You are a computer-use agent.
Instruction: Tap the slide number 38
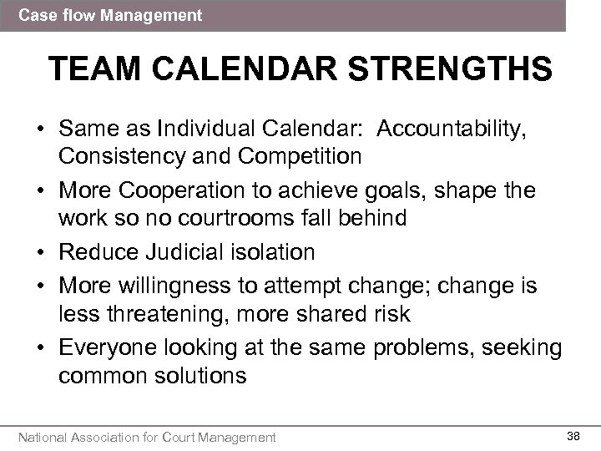pyautogui.click(x=573, y=434)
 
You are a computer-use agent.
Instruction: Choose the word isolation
pyautogui.click(x=272, y=251)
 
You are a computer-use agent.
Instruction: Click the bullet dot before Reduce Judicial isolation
pyautogui.click(x=39, y=251)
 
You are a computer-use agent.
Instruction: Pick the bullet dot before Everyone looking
pyautogui.click(x=39, y=347)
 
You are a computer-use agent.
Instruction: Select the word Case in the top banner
pyautogui.click(x=34, y=15)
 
